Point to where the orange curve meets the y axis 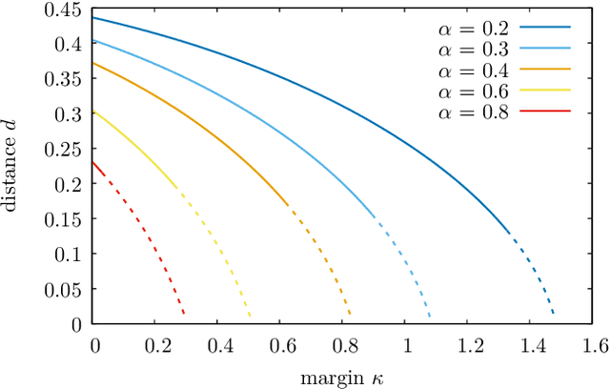94,63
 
